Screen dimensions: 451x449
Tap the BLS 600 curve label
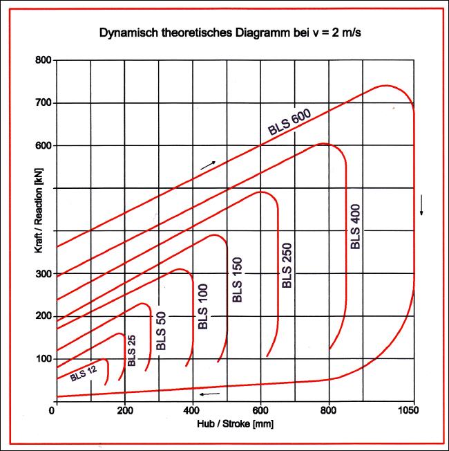(x=290, y=122)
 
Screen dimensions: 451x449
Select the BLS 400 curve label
(x=356, y=226)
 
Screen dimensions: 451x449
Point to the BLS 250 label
(x=287, y=265)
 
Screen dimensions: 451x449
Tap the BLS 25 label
(x=132, y=351)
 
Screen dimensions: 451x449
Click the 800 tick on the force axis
(x=43, y=60)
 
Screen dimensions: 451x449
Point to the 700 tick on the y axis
(x=43, y=103)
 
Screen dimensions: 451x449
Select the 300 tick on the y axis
(x=43, y=274)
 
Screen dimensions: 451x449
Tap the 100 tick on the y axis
(x=43, y=359)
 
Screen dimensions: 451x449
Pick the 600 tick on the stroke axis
(x=261, y=410)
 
